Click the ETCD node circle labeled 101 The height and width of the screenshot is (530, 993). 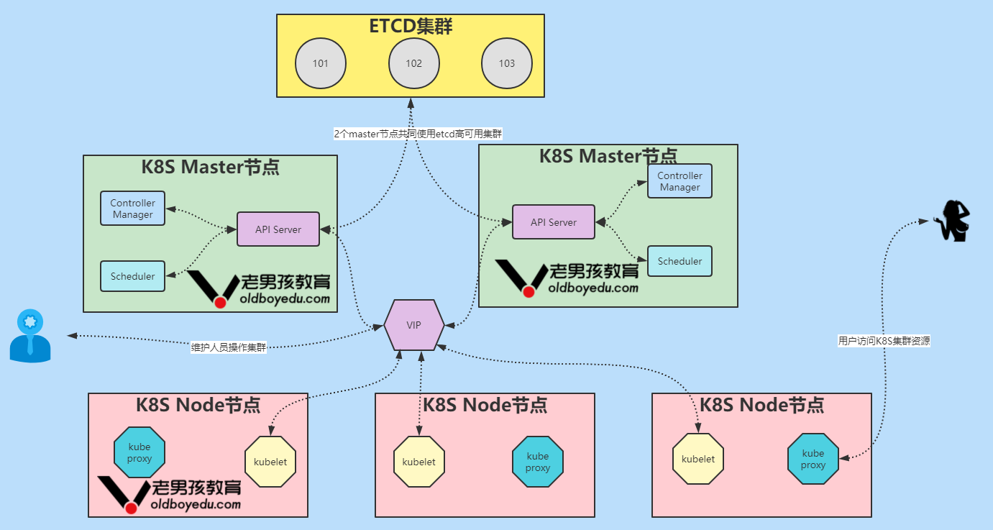[321, 63]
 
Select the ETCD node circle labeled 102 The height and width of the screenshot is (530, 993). [414, 63]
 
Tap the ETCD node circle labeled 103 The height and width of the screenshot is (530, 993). [507, 63]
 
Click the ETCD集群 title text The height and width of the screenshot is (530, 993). [411, 27]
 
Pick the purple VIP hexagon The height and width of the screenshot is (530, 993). [413, 325]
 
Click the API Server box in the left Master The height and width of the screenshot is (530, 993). [278, 229]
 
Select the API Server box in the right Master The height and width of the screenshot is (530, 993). [554, 222]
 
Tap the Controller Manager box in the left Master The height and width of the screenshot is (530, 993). [133, 209]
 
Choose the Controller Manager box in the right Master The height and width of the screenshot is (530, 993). [679, 181]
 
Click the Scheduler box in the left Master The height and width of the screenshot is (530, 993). [133, 276]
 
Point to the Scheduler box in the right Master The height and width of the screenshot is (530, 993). [679, 261]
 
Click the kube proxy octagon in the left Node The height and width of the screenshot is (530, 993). [139, 453]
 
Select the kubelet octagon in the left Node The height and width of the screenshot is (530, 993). [270, 462]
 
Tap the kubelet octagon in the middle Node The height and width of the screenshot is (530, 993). [419, 462]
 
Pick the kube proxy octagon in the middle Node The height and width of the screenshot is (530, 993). [538, 461]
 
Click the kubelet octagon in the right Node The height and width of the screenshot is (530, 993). [698, 459]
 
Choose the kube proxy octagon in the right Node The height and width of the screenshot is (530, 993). [813, 459]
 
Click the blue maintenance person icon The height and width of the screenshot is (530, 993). [30, 336]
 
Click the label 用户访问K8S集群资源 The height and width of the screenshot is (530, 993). [884, 342]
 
